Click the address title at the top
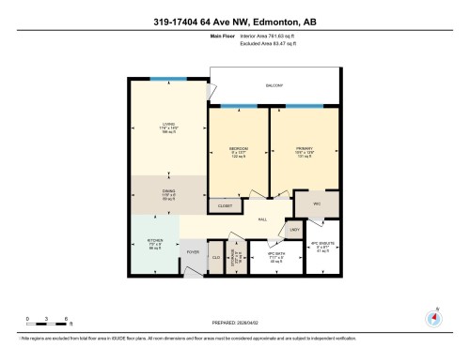click(234, 22)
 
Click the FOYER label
click(192, 252)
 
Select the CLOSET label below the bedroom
click(225, 204)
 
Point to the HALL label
click(262, 218)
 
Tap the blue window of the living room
click(168, 79)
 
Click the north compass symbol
click(433, 317)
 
